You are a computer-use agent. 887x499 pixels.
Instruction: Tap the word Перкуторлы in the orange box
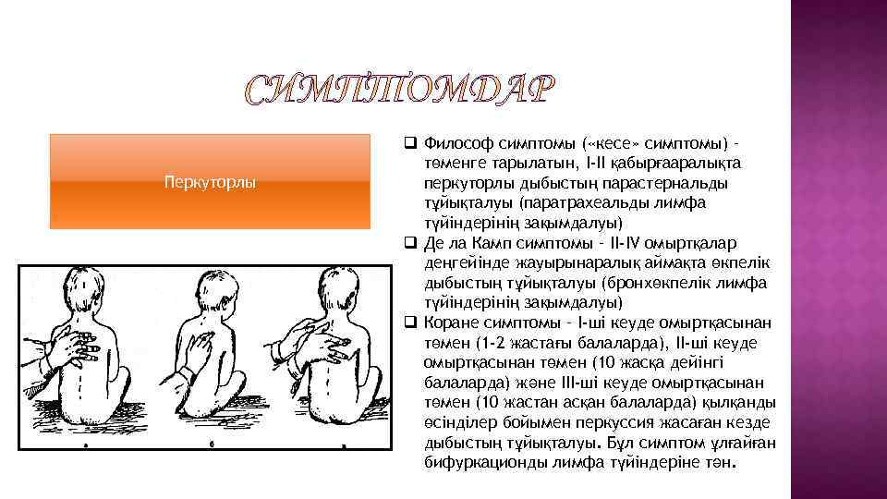[x=210, y=181]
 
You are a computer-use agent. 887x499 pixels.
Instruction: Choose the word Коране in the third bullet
[x=452, y=323]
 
